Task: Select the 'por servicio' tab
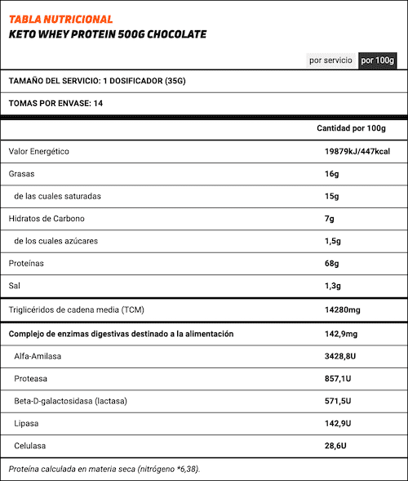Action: coord(330,60)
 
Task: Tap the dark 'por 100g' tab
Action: coord(377,60)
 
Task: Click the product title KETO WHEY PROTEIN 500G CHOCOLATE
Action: coord(107,34)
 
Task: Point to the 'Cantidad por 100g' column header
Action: coord(350,129)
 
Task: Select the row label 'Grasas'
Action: coord(22,174)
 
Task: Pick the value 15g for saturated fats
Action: coord(331,197)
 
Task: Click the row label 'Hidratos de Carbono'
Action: coord(47,219)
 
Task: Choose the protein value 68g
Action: coord(331,264)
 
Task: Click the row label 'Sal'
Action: coord(15,287)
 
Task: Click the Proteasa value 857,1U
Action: coord(341,379)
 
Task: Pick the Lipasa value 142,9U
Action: coord(341,424)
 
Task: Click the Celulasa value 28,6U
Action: coord(336,446)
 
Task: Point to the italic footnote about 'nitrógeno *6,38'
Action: coord(104,469)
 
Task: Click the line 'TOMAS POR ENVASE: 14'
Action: coord(55,104)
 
